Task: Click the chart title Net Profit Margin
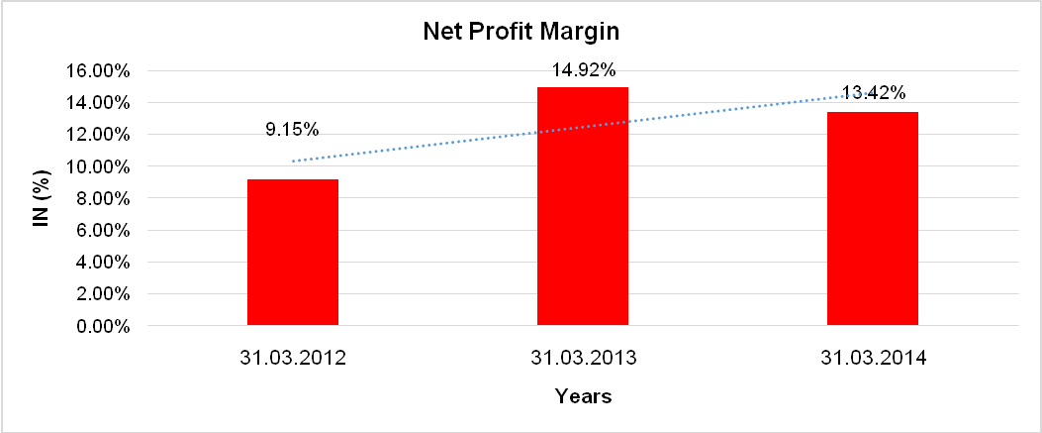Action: pos(521,32)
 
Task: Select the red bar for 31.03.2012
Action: pos(293,253)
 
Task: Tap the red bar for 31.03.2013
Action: pos(583,206)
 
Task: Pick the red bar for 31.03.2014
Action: pos(873,218)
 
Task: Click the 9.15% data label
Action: pos(292,130)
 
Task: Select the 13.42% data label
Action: pos(874,93)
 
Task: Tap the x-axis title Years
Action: pos(583,397)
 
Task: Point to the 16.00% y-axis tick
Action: pos(98,71)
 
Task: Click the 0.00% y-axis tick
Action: pos(102,326)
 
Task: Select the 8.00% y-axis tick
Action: pos(102,199)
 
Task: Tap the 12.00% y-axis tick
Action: pos(98,135)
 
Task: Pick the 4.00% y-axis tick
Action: pos(102,263)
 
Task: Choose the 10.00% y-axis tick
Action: pos(98,166)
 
